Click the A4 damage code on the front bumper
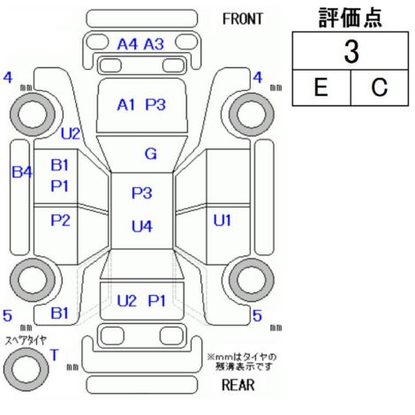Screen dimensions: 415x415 pyautogui.click(x=127, y=44)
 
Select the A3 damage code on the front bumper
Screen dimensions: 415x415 pyautogui.click(x=154, y=44)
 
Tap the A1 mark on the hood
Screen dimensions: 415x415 pyautogui.click(x=125, y=105)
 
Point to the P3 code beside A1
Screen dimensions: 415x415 pyautogui.click(x=155, y=105)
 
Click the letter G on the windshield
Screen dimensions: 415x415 pyautogui.click(x=151, y=154)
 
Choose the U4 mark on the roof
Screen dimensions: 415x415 pyautogui.click(x=142, y=226)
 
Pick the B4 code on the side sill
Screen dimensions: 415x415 pyautogui.click(x=22, y=172)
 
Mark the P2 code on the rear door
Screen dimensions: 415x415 pyautogui.click(x=60, y=220)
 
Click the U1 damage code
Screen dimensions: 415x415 pyautogui.click(x=222, y=220)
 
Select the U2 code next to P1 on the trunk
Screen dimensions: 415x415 pyautogui.click(x=127, y=301)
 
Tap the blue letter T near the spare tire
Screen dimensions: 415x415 pyautogui.click(x=55, y=355)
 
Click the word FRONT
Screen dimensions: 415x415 pyautogui.click(x=242, y=19)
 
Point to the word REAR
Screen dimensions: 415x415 pyautogui.click(x=238, y=385)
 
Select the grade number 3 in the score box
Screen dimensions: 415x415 pyautogui.click(x=351, y=52)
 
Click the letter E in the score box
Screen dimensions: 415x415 pyautogui.click(x=321, y=87)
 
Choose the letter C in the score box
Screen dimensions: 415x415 pyautogui.click(x=380, y=87)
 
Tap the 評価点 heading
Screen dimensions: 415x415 pyautogui.click(x=351, y=18)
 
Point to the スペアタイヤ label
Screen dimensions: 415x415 pyautogui.click(x=26, y=341)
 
